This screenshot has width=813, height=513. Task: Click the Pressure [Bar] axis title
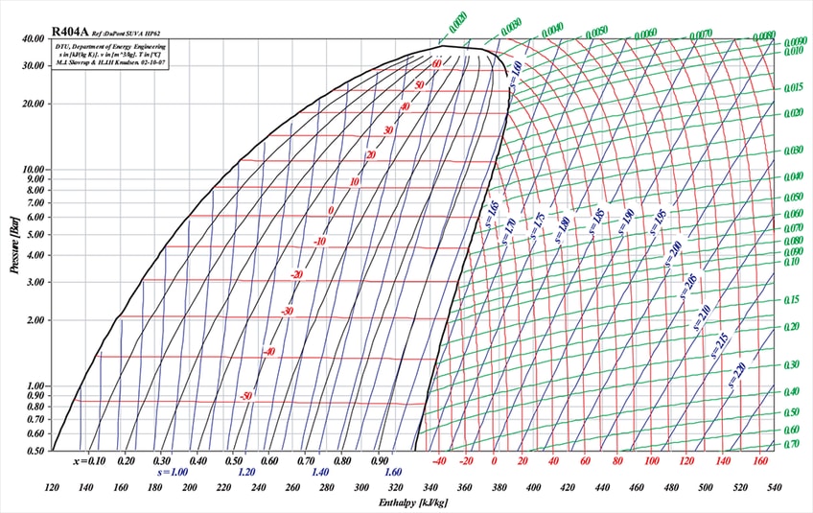coord(15,245)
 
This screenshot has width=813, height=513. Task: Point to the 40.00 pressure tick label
coord(32,39)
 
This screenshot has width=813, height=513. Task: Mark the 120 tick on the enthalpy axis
coord(52,487)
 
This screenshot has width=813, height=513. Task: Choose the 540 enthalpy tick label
coord(773,487)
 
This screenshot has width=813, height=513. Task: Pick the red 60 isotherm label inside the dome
coord(437,64)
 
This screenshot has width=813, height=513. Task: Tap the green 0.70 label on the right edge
coord(792,444)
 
